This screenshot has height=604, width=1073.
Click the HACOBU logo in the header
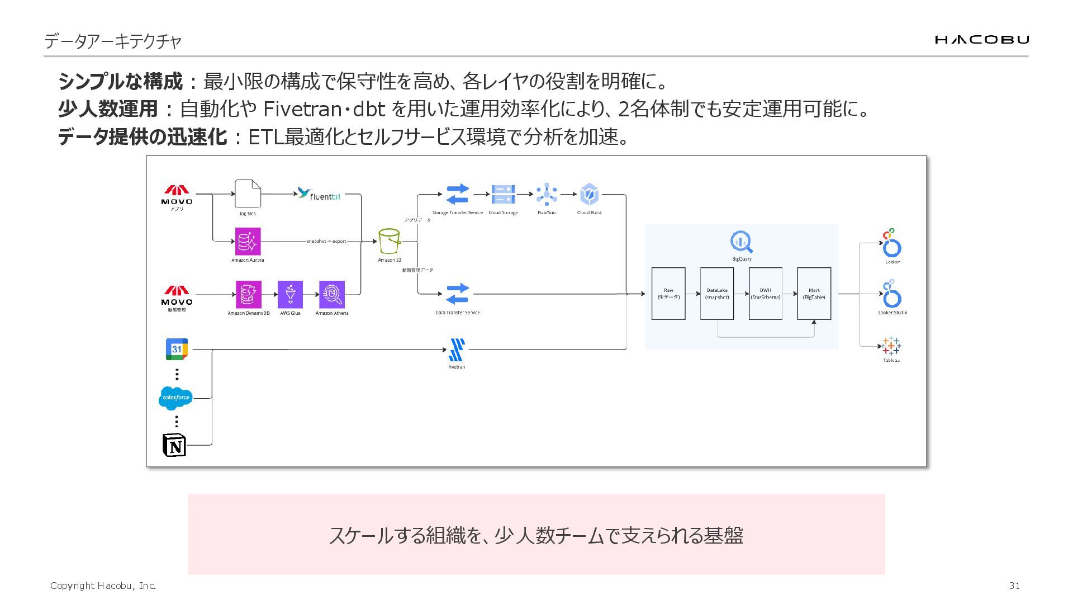(x=981, y=39)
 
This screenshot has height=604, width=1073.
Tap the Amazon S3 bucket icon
(x=390, y=241)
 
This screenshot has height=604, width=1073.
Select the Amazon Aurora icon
(x=248, y=241)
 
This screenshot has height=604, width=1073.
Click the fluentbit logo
(x=319, y=195)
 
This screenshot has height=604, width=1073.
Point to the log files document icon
(x=248, y=194)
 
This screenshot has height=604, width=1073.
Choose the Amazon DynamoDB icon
(x=248, y=294)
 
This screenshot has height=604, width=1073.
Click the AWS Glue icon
(x=290, y=294)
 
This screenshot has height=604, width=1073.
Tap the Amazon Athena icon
(x=332, y=294)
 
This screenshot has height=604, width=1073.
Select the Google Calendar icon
(x=177, y=349)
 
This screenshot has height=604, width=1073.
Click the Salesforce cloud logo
(x=175, y=398)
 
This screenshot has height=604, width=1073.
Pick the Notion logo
(x=174, y=445)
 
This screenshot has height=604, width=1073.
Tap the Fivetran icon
(x=457, y=350)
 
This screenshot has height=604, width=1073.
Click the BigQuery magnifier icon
(x=742, y=242)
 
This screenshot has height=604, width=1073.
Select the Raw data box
(x=668, y=294)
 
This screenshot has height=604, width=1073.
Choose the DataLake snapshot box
(x=717, y=294)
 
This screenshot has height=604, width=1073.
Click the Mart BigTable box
(x=814, y=294)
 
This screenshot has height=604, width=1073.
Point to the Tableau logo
(x=891, y=346)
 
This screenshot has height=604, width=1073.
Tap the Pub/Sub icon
(x=547, y=195)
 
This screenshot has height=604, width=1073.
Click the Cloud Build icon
(x=589, y=195)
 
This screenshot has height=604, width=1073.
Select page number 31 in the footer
(x=1014, y=586)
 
